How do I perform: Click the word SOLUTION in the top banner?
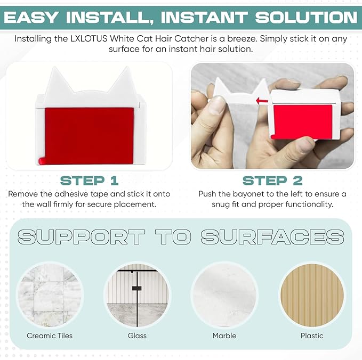coord(306,18)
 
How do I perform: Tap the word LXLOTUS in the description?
coord(89,38)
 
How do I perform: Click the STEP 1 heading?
coord(89,181)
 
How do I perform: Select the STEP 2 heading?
coord(272,181)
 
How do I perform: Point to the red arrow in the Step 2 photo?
coord(262,101)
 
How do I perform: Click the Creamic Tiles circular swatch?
coord(50,295)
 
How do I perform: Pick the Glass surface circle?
coord(137,295)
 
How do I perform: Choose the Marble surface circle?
coord(224,295)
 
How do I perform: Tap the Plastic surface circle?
coord(312,295)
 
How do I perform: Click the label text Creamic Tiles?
coord(50,336)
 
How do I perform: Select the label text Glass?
coord(137,336)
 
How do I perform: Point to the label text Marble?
coord(224,336)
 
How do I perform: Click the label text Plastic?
coord(312,336)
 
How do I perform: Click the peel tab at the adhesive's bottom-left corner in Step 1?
coord(42,161)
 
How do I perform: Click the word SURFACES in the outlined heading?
coord(272,237)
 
